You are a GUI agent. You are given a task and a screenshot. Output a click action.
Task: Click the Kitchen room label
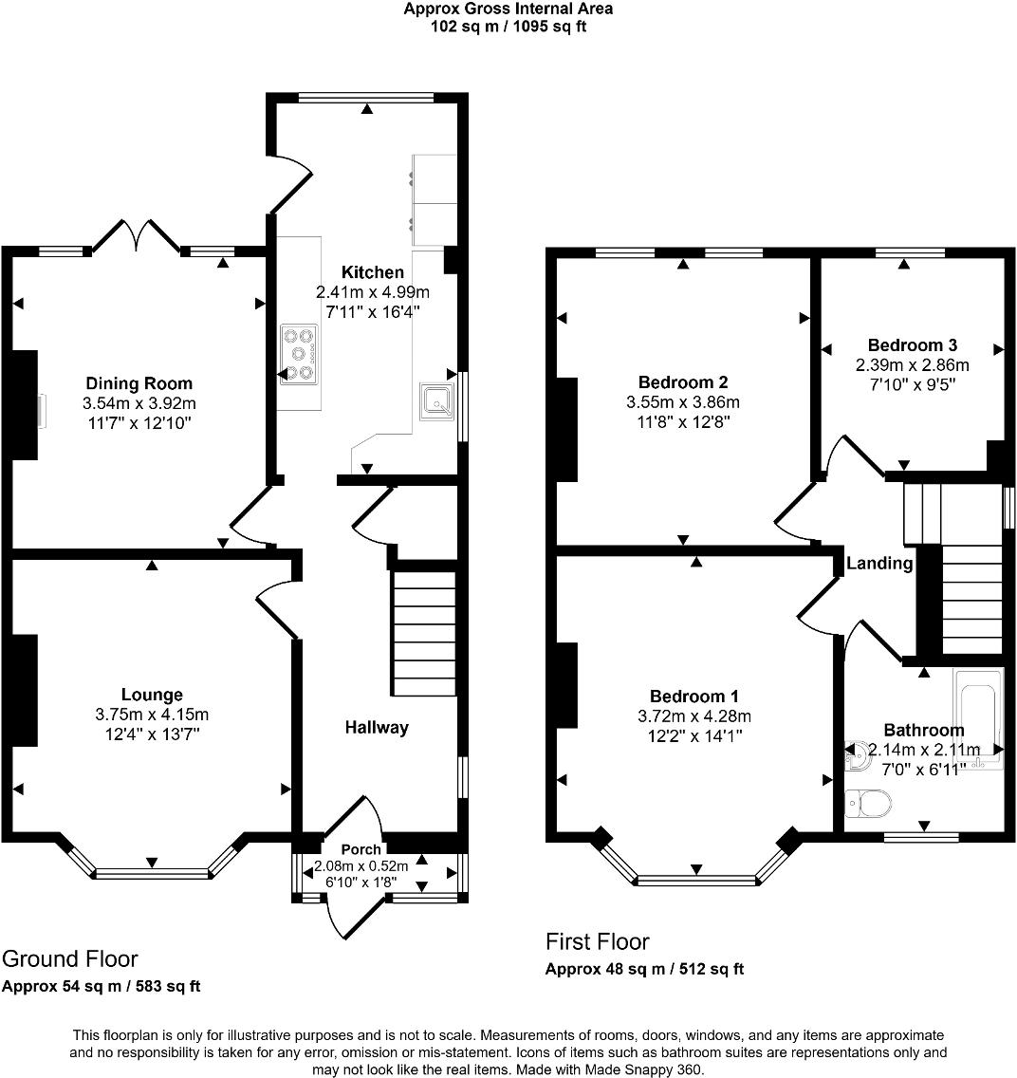pyautogui.click(x=373, y=272)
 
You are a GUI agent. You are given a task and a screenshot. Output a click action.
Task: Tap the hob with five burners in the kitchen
pyautogui.click(x=300, y=354)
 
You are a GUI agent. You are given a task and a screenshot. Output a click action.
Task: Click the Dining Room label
pyautogui.click(x=139, y=383)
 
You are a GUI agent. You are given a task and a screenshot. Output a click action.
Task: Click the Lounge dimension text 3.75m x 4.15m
pyautogui.click(x=152, y=715)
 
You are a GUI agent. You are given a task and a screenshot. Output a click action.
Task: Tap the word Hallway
pyautogui.click(x=377, y=728)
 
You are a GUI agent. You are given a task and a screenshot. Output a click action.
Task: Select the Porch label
pyautogui.click(x=361, y=849)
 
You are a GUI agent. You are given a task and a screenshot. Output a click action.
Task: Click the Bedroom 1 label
pyautogui.click(x=694, y=696)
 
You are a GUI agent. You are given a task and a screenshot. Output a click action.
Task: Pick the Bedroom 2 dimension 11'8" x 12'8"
pyautogui.click(x=683, y=421)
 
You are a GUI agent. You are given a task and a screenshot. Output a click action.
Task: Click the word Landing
pyautogui.click(x=879, y=564)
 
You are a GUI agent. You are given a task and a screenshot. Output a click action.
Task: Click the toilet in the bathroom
pyautogui.click(x=867, y=805)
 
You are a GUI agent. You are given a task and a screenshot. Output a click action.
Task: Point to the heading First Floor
pyautogui.click(x=597, y=941)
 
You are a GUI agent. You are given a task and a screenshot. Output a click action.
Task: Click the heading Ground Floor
pyautogui.click(x=70, y=958)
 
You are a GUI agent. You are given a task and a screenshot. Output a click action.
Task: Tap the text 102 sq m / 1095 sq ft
pyautogui.click(x=508, y=27)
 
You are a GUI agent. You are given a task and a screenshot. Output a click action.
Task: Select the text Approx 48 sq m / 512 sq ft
pyautogui.click(x=644, y=969)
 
